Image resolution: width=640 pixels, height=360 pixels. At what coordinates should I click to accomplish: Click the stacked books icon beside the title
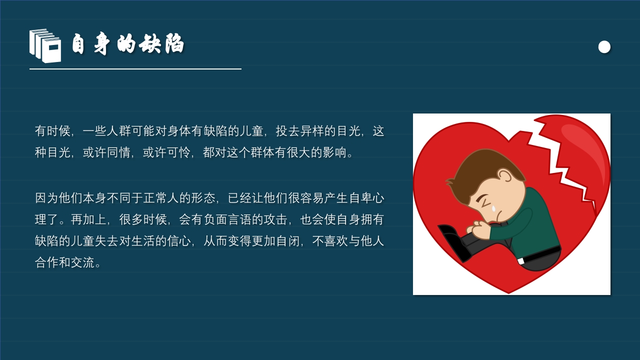[x=45, y=46]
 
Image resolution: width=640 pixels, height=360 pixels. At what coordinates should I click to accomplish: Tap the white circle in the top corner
[x=604, y=46]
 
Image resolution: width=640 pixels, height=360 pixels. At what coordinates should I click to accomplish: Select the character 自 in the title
[x=78, y=44]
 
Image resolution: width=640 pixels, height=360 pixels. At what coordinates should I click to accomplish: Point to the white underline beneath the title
[x=135, y=69]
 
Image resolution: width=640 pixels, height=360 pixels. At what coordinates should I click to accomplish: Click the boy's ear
[x=505, y=176]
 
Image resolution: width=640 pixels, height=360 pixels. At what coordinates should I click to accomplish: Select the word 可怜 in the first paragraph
[x=179, y=152]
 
